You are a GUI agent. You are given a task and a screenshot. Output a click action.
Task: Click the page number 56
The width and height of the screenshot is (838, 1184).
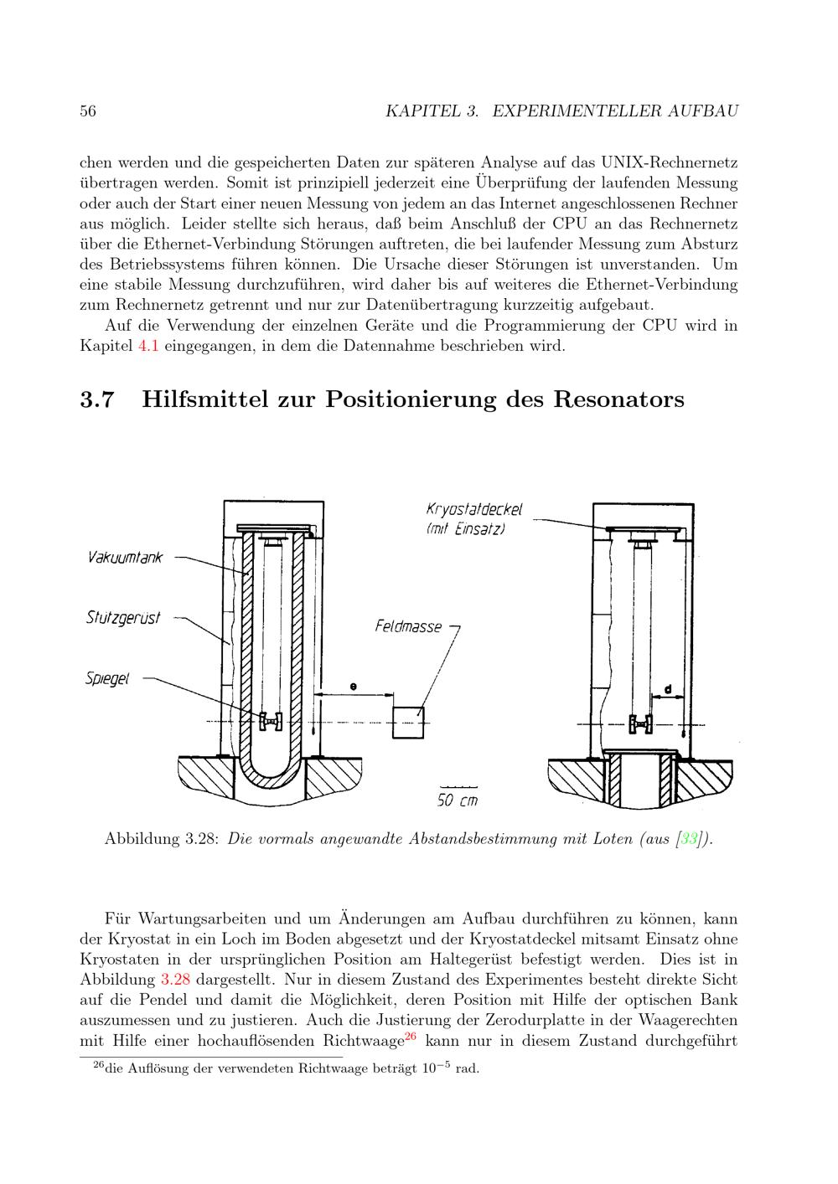tap(87, 111)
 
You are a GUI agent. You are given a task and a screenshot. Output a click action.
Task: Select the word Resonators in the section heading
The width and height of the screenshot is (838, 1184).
tap(618, 399)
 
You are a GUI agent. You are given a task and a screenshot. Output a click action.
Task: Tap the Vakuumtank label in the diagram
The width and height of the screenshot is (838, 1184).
tap(125, 558)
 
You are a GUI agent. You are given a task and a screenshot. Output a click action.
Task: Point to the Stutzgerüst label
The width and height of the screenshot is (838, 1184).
tap(123, 618)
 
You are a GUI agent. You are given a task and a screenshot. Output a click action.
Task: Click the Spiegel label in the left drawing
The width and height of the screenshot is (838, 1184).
tap(107, 677)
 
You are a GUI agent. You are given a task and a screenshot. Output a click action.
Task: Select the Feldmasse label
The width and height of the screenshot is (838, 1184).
tap(408, 626)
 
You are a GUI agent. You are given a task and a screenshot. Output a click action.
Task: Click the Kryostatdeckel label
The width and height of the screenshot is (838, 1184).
tap(474, 510)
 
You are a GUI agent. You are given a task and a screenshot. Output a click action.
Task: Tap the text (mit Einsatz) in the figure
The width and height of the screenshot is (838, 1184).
tap(466, 529)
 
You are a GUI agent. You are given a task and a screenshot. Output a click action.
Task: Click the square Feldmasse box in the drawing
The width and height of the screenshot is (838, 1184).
tap(409, 722)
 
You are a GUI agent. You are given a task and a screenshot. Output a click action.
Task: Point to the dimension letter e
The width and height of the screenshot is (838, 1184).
tap(354, 687)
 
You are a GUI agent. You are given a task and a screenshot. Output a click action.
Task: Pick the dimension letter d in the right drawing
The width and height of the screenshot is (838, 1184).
tap(667, 689)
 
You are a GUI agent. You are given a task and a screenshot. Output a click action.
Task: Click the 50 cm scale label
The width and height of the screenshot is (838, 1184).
tap(458, 800)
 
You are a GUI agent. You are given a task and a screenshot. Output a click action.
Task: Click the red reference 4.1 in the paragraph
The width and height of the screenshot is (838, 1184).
tap(147, 346)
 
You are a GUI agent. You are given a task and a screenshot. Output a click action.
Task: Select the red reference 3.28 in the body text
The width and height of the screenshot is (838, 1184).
tap(175, 980)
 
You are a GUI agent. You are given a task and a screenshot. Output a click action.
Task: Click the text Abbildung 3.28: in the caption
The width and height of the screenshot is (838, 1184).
tap(162, 839)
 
